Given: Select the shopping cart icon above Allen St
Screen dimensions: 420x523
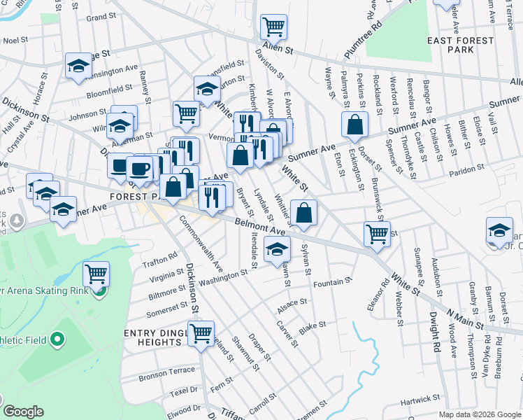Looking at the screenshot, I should tap(273, 27).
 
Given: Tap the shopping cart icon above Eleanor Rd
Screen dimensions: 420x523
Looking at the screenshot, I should tap(377, 234).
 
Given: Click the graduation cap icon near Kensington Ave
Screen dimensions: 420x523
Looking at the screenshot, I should tap(78, 66).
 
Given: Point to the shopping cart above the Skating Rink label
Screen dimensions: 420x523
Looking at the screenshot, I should tap(96, 274).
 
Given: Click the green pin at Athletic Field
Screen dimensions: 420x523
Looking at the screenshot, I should tap(57, 341).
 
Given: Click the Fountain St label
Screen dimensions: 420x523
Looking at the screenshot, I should tap(331, 282).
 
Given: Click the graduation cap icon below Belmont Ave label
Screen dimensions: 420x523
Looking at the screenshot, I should tap(277, 248).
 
